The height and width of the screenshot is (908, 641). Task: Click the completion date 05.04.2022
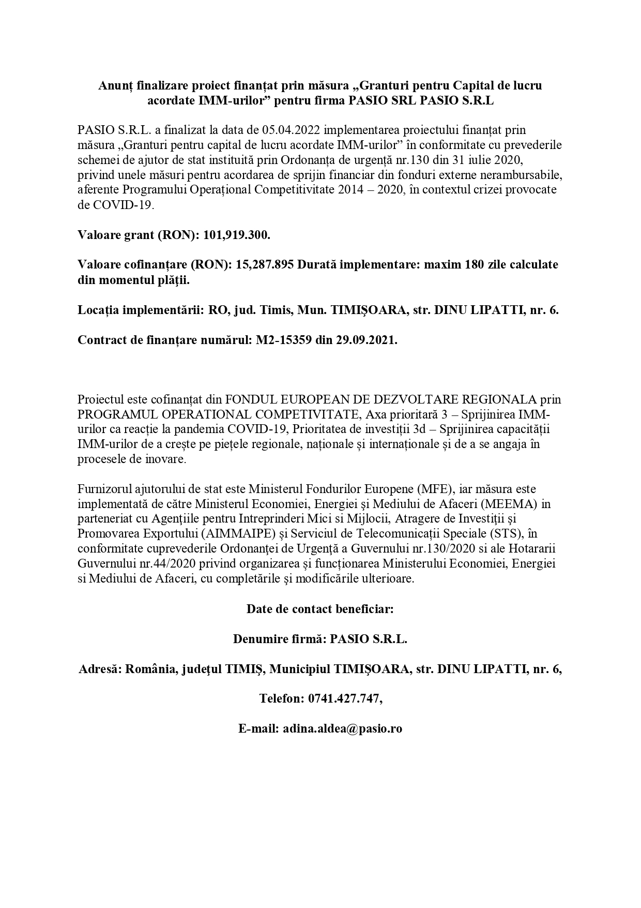pos(291,129)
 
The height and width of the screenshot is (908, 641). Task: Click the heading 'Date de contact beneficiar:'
pos(320,609)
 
